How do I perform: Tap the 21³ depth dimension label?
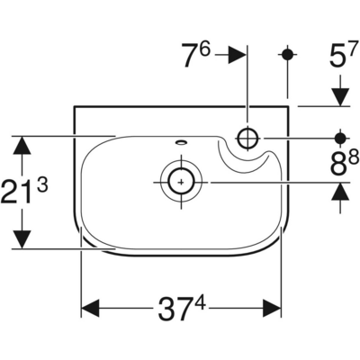[x=24, y=192]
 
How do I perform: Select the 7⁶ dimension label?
[x=196, y=55]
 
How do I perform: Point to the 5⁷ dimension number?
[x=344, y=55]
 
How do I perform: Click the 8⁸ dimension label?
[x=345, y=164]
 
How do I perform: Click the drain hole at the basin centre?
[x=181, y=182]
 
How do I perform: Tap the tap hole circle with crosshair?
[x=247, y=138]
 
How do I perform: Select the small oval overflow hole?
[x=181, y=141]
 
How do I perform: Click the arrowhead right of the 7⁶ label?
[x=238, y=55]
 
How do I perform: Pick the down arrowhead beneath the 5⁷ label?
[x=340, y=97]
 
